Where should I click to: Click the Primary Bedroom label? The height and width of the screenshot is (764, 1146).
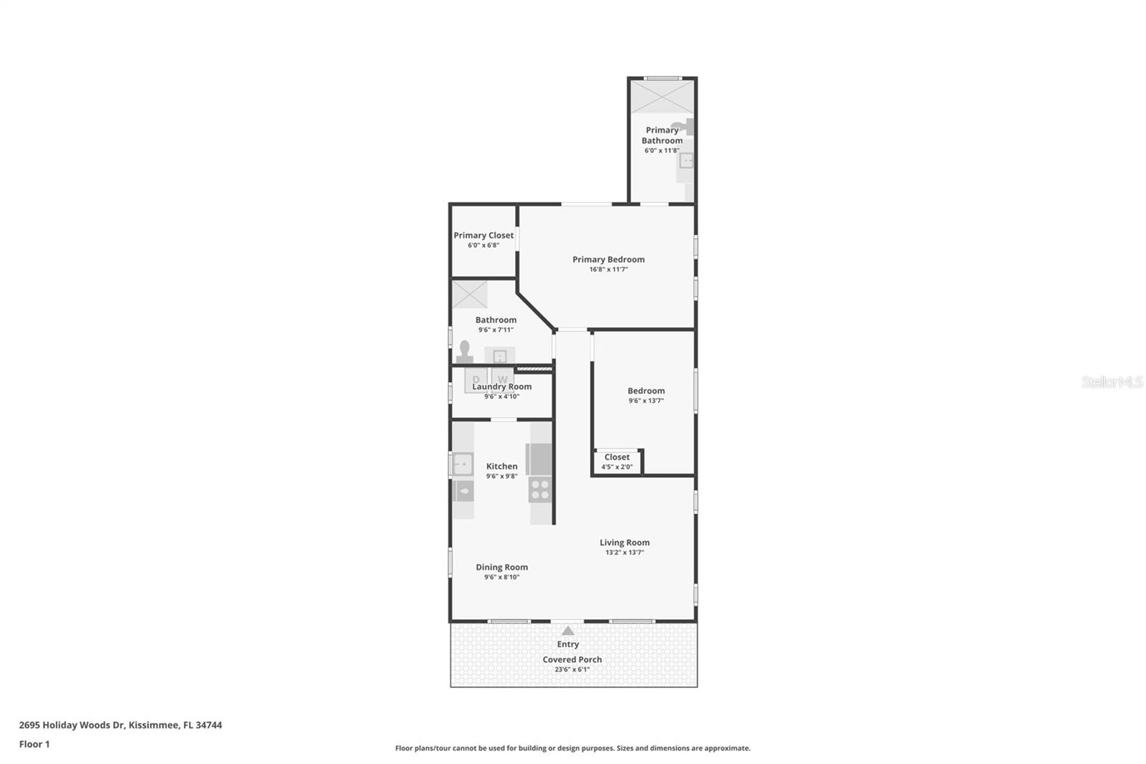(608, 259)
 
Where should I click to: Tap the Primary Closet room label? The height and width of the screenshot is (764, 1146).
(483, 235)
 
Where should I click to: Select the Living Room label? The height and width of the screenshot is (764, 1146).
(625, 543)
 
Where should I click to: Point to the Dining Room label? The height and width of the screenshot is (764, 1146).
(501, 567)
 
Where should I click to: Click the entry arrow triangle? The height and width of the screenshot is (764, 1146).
(568, 631)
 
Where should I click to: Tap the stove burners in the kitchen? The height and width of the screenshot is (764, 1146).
(540, 490)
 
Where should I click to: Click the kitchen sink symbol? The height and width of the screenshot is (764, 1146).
(463, 464)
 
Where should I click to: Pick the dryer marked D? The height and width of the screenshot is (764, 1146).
(476, 379)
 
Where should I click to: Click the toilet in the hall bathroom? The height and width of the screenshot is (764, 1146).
(464, 353)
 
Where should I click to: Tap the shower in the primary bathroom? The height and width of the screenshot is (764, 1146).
(662, 97)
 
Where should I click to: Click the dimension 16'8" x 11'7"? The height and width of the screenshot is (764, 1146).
(608, 269)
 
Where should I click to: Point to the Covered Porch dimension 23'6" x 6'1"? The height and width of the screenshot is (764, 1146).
(572, 669)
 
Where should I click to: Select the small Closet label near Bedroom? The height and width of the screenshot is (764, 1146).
(617, 457)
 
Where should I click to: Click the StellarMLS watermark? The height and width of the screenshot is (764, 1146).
(1112, 382)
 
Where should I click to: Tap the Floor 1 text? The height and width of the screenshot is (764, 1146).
(34, 744)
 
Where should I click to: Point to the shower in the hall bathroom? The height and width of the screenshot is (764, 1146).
(470, 295)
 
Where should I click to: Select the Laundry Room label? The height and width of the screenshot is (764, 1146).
(501, 387)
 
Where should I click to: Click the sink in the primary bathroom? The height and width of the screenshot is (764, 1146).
(686, 161)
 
